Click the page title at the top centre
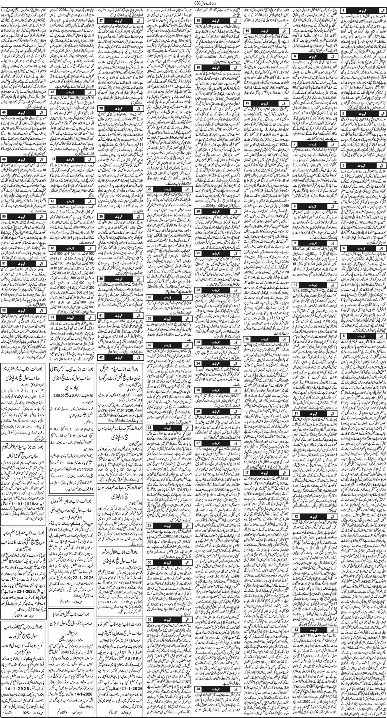[x=193, y=3]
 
